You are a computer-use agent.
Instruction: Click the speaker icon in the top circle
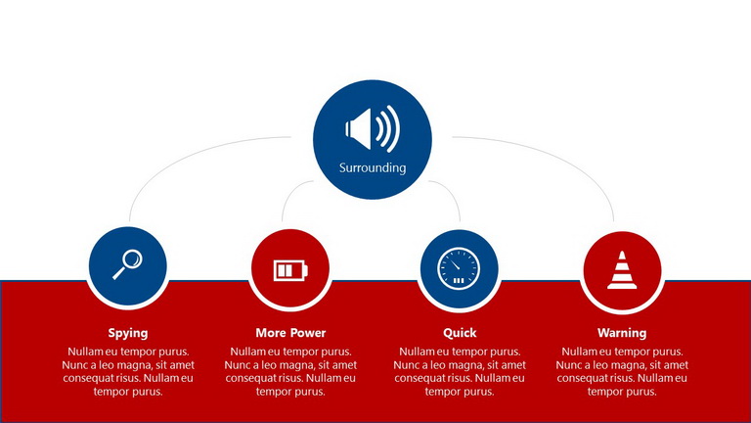(373, 128)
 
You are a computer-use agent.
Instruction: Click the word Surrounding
(373, 167)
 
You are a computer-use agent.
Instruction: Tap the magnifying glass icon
(127, 264)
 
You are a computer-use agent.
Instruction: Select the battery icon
(290, 270)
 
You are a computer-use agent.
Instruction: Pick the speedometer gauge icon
(459, 268)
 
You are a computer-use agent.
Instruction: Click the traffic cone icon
(622, 270)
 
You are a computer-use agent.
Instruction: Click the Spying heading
(128, 333)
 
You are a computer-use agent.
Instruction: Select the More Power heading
(290, 332)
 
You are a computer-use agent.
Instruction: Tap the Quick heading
(460, 332)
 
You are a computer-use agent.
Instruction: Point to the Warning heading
(622, 332)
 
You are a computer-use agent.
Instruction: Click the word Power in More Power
(308, 332)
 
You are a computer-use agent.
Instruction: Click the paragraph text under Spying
(128, 372)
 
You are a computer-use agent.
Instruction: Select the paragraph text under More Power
(290, 372)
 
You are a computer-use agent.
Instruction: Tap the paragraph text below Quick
(460, 372)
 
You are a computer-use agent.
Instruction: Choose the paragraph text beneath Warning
(622, 372)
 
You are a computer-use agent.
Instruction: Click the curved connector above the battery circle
(290, 192)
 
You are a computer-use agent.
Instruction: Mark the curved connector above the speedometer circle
(452, 192)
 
